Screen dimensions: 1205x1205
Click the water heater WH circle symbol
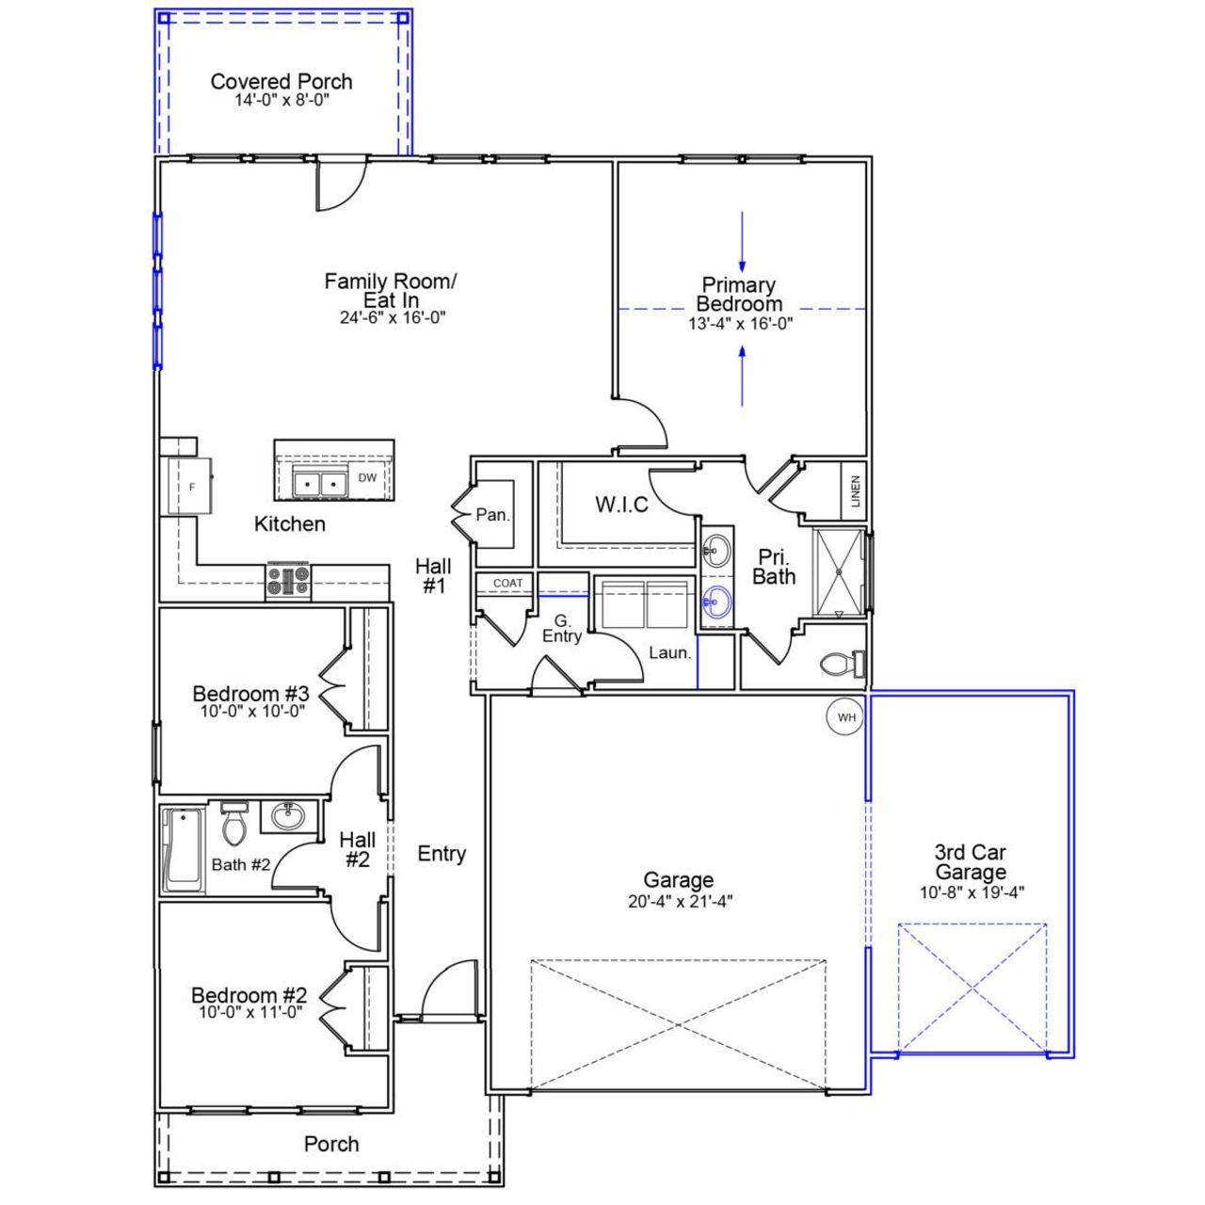point(846,717)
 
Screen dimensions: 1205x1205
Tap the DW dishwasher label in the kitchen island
point(367,478)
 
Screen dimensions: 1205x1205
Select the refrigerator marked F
point(191,486)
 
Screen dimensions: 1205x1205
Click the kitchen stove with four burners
point(288,581)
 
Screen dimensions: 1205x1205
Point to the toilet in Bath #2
point(233,825)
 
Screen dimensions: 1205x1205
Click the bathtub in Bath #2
point(183,850)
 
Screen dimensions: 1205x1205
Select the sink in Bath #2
point(287,815)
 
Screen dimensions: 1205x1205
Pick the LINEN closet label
point(855,491)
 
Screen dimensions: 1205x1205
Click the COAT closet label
point(507,584)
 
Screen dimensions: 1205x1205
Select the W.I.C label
point(621,505)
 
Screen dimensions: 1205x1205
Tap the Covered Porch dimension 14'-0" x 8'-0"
point(281,100)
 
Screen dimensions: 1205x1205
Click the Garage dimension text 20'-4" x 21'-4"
point(680,901)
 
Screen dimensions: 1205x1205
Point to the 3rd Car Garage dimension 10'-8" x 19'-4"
point(972,892)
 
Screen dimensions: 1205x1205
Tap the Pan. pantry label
point(492,515)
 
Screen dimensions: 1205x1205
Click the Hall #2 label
point(358,849)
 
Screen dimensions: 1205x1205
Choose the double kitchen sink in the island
point(320,483)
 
